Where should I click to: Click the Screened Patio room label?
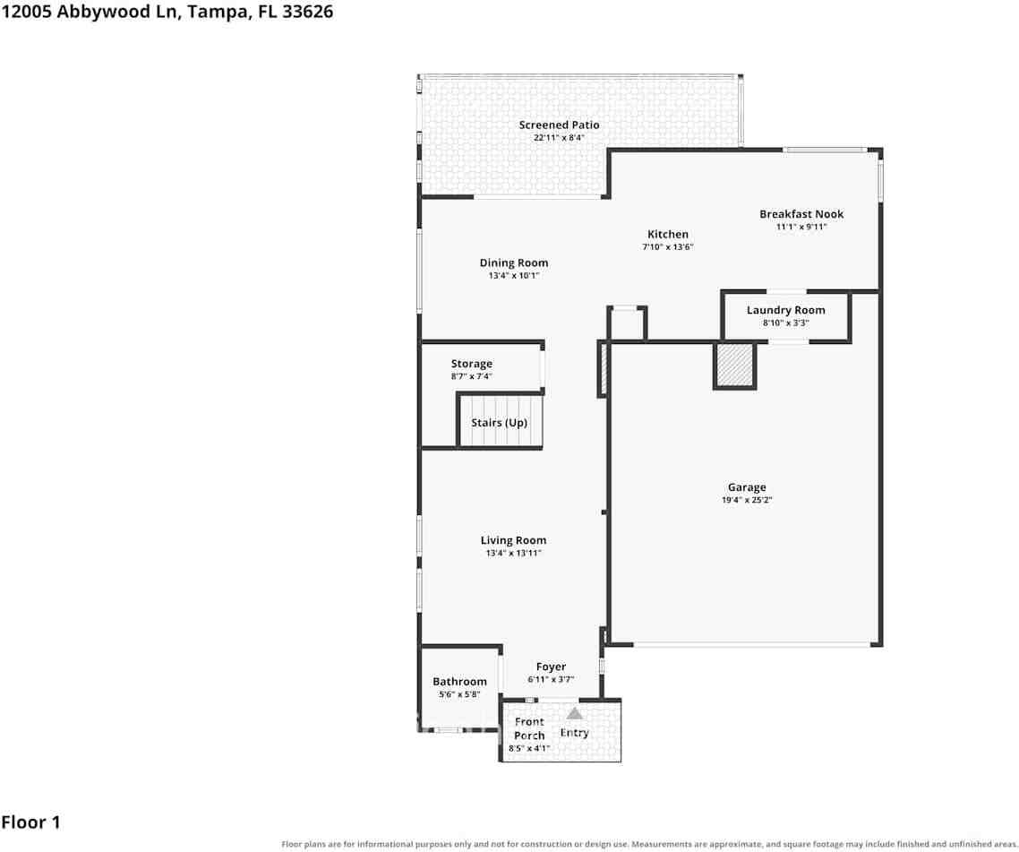tap(559, 125)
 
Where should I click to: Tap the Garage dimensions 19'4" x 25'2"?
tap(747, 500)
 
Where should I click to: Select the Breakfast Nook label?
tap(801, 214)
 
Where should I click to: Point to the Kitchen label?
tap(667, 234)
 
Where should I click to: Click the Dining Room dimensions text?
tap(513, 276)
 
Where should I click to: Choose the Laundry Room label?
tap(785, 310)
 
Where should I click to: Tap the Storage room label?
tap(471, 364)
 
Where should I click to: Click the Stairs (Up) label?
tap(499, 423)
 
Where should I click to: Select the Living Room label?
tap(513, 540)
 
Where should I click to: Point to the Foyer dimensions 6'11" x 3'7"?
tap(551, 680)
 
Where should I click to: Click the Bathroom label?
tap(459, 682)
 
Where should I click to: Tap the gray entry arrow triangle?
tap(575, 713)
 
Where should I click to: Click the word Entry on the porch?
tap(575, 733)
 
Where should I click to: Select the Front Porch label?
tap(529, 728)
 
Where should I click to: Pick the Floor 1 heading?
tap(30, 822)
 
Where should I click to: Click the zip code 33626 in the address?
tap(307, 12)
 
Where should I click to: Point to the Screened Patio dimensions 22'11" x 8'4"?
tap(559, 138)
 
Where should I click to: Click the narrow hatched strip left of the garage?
tap(604, 369)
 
